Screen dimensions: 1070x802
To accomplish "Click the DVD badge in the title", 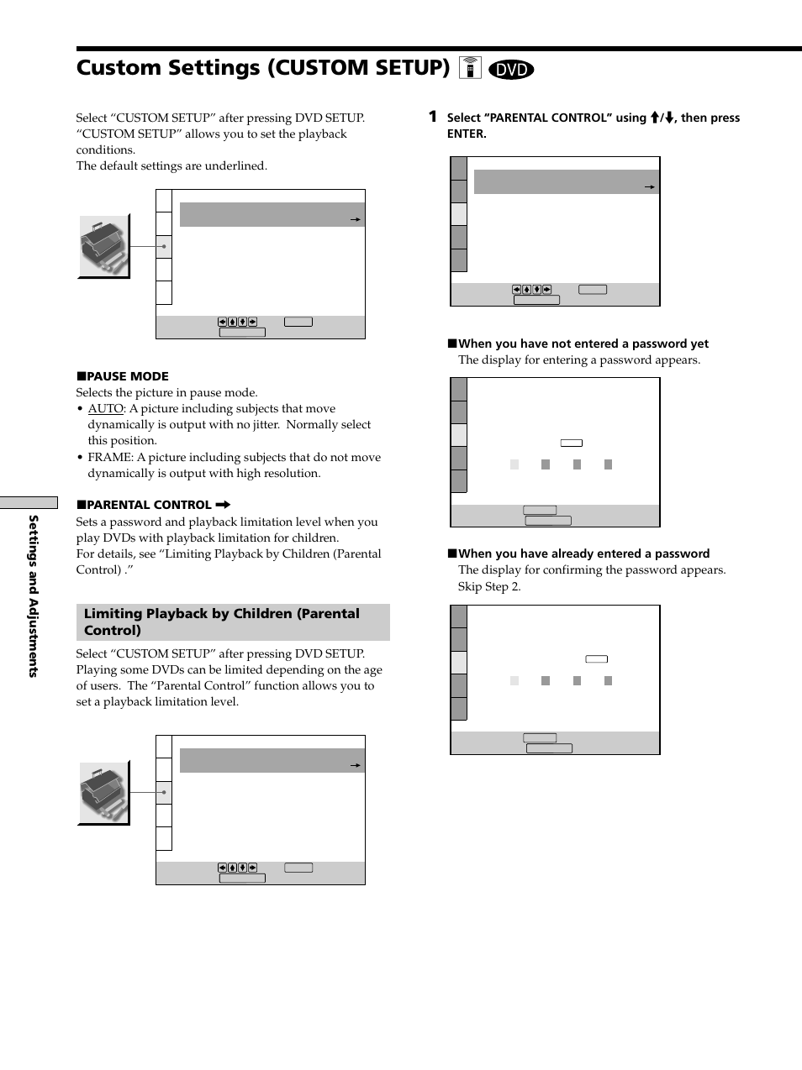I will point(510,70).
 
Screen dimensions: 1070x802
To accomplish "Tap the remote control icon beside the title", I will point(470,68).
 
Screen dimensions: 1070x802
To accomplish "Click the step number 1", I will point(432,117).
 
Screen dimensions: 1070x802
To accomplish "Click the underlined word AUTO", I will point(106,408).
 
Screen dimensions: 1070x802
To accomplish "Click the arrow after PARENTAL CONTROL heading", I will point(223,505).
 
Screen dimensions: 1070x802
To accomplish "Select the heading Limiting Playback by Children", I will point(222,622).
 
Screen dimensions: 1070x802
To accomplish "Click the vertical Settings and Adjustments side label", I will point(34,595).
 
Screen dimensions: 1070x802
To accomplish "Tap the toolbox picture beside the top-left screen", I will point(104,246).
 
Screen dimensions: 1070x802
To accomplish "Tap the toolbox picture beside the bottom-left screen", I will point(104,793).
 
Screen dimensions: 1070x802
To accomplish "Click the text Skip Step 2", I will point(489,586).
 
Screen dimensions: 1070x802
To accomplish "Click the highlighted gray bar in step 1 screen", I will point(566,182).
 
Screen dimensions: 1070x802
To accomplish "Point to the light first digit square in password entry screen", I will point(514,464).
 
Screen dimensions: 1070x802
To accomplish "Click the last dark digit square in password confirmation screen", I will point(608,681).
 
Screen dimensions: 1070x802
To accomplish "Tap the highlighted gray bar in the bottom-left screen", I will point(272,761).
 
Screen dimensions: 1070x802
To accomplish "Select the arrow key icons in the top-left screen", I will point(237,322).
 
